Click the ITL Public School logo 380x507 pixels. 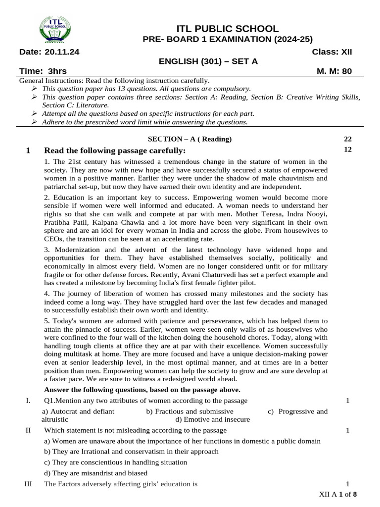tap(54, 31)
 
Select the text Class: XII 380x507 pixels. tap(332, 52)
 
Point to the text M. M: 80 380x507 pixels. tap(334, 71)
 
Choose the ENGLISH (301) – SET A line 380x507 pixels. tap(208, 61)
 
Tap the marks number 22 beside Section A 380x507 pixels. tap(347, 139)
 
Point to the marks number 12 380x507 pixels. tap(347, 149)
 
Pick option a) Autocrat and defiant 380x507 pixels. tap(78, 411)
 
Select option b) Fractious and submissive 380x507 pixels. tap(190, 411)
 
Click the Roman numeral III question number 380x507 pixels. tap(28, 484)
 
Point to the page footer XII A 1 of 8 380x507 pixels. tap(338, 495)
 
